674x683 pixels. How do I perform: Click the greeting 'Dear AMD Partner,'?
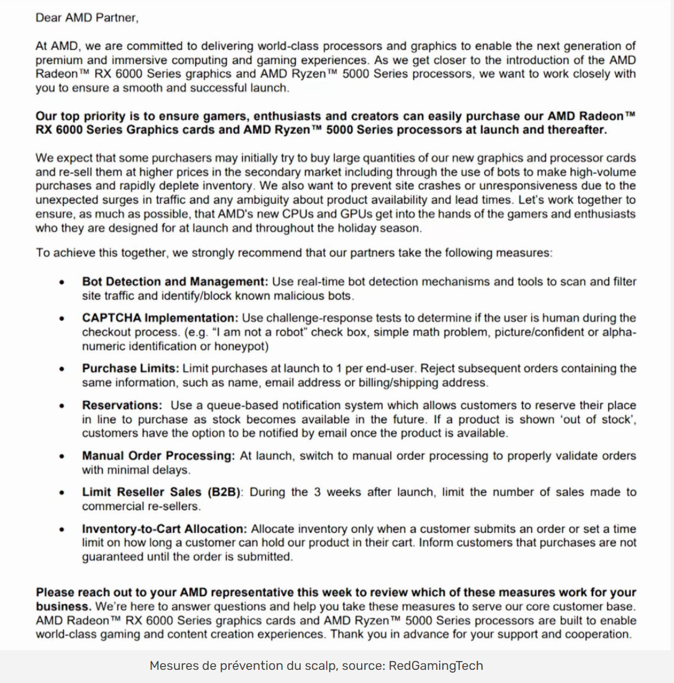click(87, 18)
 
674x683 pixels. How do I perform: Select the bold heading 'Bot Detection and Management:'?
click(175, 282)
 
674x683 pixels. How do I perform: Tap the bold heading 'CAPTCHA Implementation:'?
click(160, 318)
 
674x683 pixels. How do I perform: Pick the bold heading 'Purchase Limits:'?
click(131, 368)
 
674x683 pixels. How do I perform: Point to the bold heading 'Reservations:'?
click(122, 405)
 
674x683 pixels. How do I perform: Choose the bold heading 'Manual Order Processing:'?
click(158, 456)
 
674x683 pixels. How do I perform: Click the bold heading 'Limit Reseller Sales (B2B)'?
click(161, 492)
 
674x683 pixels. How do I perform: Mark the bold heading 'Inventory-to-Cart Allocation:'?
click(164, 529)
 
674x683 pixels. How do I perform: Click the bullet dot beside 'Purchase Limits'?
click(62, 369)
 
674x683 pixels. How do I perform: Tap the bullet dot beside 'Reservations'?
click(62, 406)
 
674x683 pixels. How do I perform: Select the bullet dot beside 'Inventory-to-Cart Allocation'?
click(62, 530)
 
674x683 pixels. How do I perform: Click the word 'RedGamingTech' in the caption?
click(436, 665)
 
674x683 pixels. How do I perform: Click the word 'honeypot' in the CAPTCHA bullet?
click(241, 346)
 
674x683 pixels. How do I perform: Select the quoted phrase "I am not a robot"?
click(258, 332)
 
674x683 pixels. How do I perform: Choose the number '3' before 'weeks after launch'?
click(317, 492)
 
